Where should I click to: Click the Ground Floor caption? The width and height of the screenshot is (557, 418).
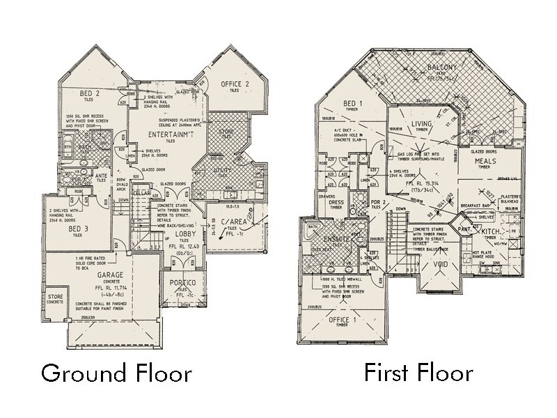tap(116, 373)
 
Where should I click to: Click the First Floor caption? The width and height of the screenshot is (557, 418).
tap(418, 373)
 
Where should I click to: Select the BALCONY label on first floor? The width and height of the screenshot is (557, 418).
tap(441, 68)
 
